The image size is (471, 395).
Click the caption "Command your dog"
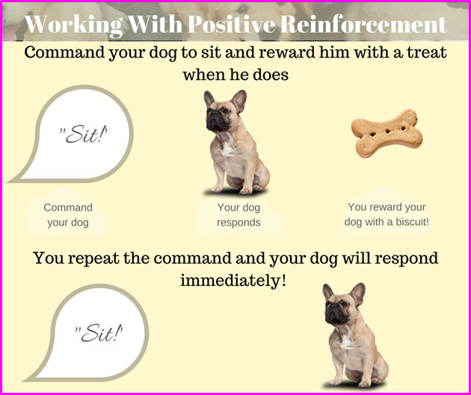coord(68,215)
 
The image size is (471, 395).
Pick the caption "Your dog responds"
coord(238,215)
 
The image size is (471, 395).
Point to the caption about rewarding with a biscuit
coord(387,214)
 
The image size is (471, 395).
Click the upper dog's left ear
coord(209,99)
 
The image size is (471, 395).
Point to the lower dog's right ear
coord(357,292)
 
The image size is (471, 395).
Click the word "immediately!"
coord(233,281)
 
